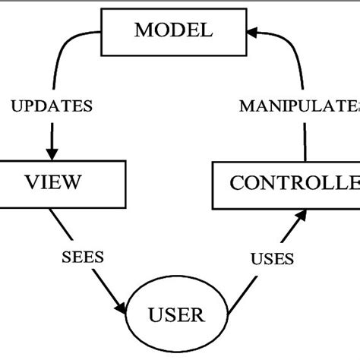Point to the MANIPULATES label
299,106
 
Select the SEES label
82,257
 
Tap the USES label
271,259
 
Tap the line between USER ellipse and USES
242,292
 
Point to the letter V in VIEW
32,183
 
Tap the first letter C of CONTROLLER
237,184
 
